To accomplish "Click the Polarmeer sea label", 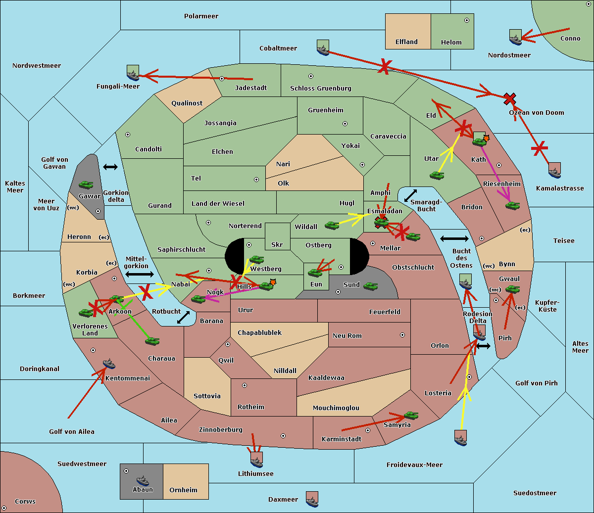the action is [201, 16].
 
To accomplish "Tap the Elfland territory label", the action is [406, 42].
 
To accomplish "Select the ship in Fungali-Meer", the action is [133, 73].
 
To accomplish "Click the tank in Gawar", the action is [86, 185].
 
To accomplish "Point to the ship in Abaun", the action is [143, 480].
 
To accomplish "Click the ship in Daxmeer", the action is [312, 499].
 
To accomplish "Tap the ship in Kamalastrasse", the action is [554, 170].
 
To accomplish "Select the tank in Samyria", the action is [411, 416].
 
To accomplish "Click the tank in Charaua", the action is [152, 341].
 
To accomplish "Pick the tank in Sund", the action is [370, 286].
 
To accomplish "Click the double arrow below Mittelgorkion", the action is [140, 274].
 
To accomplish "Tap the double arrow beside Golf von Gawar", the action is [110, 167].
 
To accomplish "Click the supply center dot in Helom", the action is [467, 20].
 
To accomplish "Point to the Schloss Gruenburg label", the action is [321, 88].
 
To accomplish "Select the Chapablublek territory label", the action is [259, 332].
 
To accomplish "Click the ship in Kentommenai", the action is [109, 363].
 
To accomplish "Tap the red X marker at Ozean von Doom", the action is [509, 99].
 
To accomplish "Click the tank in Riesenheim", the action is [513, 206].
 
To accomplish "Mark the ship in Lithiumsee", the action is [256, 460].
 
